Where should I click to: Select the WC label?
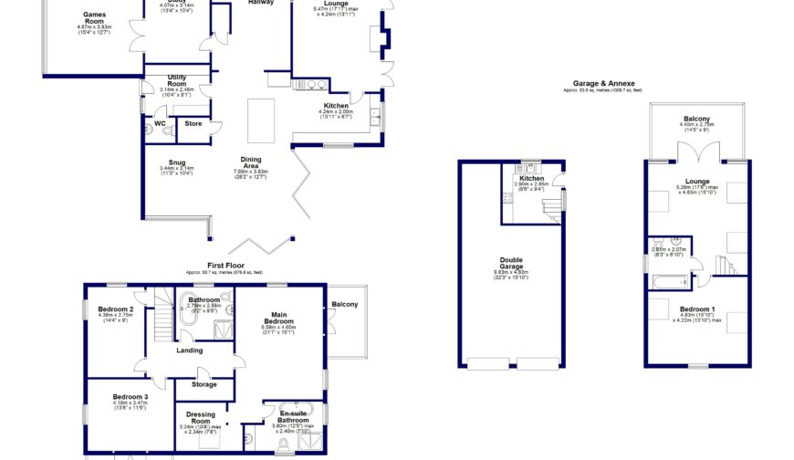point(159,123)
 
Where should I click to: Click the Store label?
point(193,123)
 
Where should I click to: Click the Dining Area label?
point(250,162)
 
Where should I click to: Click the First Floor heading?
point(223,266)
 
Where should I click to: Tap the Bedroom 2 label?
point(119,309)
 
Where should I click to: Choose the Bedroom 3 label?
point(131,397)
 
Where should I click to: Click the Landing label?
point(189,350)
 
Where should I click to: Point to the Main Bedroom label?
point(278,319)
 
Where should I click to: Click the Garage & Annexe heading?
point(602,83)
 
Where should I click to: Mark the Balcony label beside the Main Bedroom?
point(345,304)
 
